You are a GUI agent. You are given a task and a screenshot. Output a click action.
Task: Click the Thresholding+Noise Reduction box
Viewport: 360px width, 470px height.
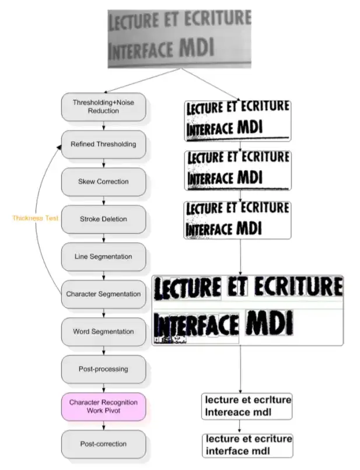click(x=103, y=107)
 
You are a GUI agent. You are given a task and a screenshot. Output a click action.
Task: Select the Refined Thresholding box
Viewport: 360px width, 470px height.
click(x=103, y=144)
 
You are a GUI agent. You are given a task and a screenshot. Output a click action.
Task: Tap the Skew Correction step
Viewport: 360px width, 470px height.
click(x=103, y=181)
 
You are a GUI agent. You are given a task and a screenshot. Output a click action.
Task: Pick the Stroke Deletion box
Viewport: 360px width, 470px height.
click(x=103, y=219)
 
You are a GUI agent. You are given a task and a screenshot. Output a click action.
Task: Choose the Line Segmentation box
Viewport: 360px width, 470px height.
click(x=103, y=257)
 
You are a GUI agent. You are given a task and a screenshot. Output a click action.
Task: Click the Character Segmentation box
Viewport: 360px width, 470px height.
click(x=103, y=294)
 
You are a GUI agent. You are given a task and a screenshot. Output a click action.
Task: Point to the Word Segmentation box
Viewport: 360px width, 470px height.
click(x=103, y=331)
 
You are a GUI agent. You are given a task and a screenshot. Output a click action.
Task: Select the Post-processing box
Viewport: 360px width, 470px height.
click(x=103, y=369)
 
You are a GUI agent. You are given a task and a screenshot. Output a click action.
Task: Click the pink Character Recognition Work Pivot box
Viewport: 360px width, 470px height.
click(x=103, y=406)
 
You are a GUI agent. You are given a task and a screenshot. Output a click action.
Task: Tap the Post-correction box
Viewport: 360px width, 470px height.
click(x=103, y=444)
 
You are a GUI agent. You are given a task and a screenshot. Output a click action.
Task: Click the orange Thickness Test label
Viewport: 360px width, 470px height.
click(x=36, y=218)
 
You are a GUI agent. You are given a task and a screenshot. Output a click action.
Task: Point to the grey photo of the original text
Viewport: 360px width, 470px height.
click(x=179, y=34)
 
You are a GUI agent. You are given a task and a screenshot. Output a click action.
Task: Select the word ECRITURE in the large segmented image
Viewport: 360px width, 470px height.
click(x=298, y=287)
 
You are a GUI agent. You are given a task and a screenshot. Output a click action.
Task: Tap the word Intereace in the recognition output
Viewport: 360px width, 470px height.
click(x=224, y=412)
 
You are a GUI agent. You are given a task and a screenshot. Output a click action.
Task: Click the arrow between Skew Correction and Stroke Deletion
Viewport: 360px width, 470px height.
click(x=103, y=201)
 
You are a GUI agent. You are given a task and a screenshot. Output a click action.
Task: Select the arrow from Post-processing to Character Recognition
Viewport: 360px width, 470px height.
click(x=103, y=388)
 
